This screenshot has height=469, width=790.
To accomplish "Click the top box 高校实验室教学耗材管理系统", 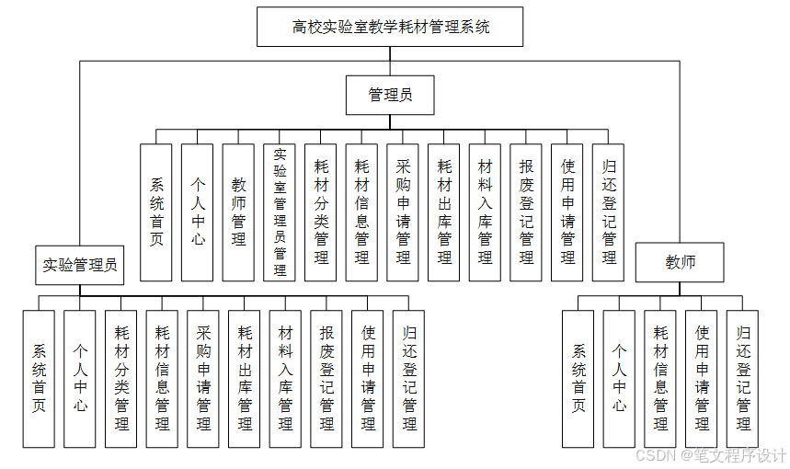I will pos(390,27).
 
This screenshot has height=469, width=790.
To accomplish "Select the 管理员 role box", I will pos(390,94).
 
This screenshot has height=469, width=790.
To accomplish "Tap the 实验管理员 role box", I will pos(80,265).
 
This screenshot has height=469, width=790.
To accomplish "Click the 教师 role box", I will pos(680,262).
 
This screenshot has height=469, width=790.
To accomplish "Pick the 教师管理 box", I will pos(238,212).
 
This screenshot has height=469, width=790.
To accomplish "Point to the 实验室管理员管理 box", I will pos(280,212).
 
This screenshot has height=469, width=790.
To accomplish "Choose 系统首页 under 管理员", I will pos(156,212).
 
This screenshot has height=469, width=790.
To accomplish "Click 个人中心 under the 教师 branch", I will pos(619,378).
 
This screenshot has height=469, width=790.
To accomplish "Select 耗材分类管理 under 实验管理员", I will pos(120,378).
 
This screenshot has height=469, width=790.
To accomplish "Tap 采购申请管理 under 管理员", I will pos(403,212).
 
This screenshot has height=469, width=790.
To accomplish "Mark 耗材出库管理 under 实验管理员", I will pos(245,378).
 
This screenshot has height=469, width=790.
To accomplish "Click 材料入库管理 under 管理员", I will pos(485,212).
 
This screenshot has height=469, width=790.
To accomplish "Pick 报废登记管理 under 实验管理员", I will pos(326,378).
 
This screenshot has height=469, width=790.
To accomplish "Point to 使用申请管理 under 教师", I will pos(702,378).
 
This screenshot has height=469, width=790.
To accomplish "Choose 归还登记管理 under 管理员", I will pos(608,212).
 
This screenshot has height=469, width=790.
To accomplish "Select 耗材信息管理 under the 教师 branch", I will pos(660,378).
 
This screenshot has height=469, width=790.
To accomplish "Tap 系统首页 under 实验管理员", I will pos(39,378).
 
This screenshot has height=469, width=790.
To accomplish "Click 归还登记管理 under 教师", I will pos(742,378).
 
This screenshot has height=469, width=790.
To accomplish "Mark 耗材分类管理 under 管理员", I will pos(321,212).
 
